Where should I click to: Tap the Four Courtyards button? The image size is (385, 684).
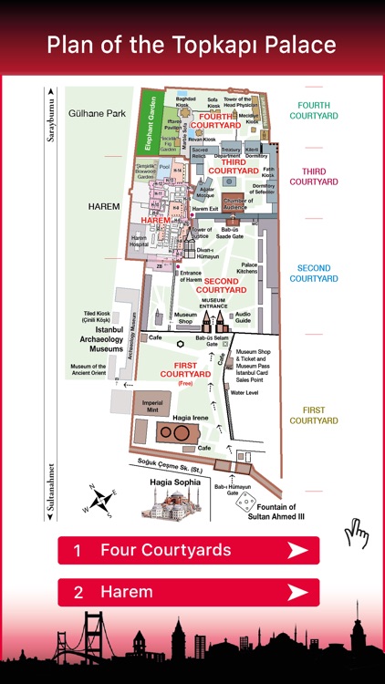(188, 550)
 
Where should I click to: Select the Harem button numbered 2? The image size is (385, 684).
(188, 592)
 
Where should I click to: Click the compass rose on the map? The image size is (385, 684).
(103, 501)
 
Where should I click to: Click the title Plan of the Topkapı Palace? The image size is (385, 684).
(192, 45)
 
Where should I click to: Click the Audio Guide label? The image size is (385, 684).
(244, 317)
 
